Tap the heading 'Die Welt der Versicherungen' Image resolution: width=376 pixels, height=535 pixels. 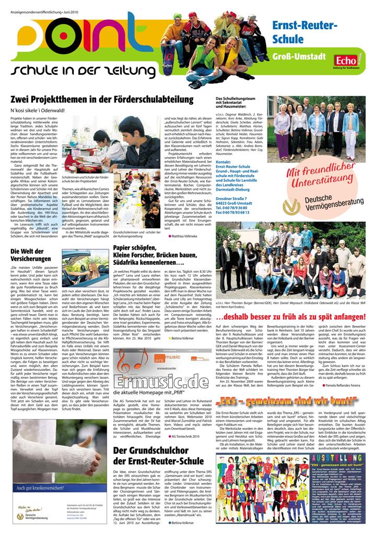31,255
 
